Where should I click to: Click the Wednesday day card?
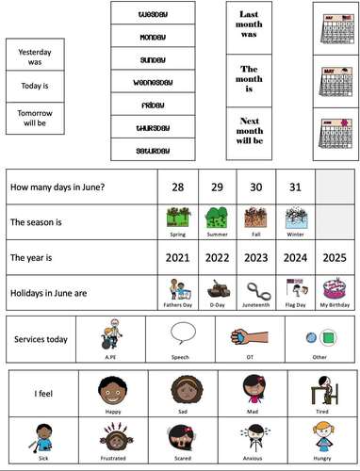(x=153, y=82)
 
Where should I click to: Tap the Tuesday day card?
(x=153, y=15)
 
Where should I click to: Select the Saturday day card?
(x=153, y=150)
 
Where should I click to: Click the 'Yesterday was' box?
(x=36, y=57)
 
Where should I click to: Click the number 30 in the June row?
(x=254, y=187)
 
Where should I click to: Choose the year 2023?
(x=254, y=256)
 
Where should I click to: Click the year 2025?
(x=335, y=256)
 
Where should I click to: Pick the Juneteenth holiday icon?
(x=254, y=288)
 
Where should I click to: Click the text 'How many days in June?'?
(x=57, y=187)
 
